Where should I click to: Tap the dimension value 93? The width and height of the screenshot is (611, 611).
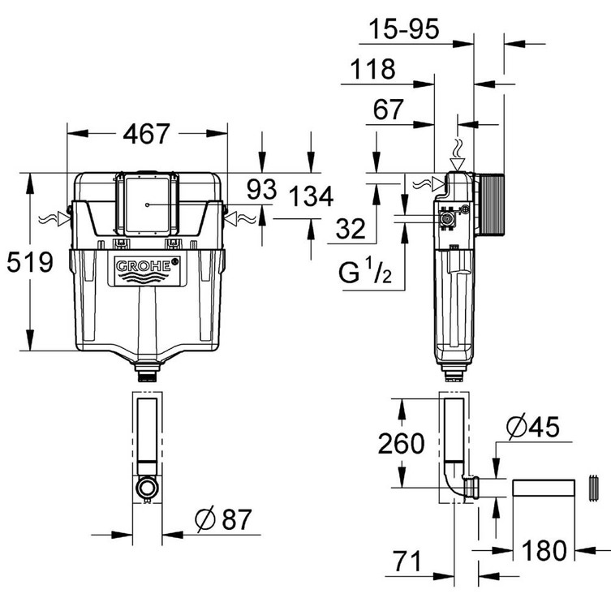(261, 190)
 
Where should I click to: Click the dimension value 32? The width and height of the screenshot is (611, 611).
(350, 230)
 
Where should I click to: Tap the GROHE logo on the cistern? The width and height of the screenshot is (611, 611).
(147, 266)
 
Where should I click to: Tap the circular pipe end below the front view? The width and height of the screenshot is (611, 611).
(147, 488)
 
